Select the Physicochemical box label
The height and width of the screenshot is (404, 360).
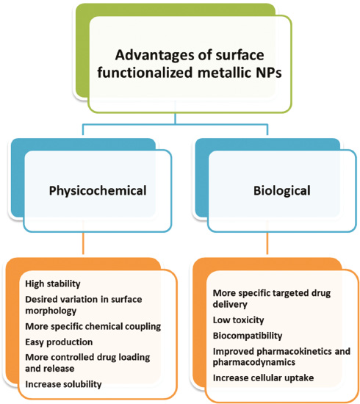[x=98, y=192]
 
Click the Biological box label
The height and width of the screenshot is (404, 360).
[x=282, y=191]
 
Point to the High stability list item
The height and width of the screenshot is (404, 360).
[x=53, y=284]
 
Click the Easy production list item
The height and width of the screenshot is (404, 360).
[x=59, y=342]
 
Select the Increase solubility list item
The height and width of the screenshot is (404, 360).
[x=63, y=384]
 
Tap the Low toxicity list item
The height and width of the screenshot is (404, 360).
[x=238, y=320]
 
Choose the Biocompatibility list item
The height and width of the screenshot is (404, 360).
[x=248, y=336]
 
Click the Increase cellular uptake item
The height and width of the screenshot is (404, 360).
[x=263, y=378]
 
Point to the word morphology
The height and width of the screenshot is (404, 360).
[x=51, y=311]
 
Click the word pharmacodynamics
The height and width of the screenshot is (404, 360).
[x=254, y=363]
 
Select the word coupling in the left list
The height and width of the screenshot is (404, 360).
[x=143, y=327]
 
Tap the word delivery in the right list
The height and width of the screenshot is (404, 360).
[x=230, y=305]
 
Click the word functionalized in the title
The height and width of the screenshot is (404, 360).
[x=145, y=72]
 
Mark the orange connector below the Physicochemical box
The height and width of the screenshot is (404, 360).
[x=83, y=243]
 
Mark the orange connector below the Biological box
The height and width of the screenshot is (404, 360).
[x=267, y=243]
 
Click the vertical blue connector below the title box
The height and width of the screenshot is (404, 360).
[x=176, y=119]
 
